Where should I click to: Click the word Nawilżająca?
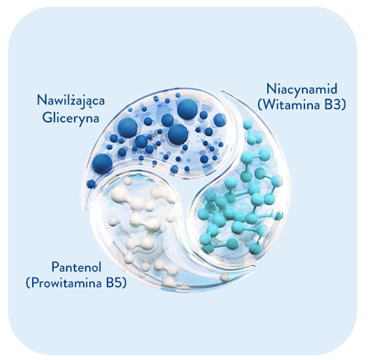(x=71, y=101)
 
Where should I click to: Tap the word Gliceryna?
(x=71, y=118)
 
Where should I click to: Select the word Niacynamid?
(x=302, y=89)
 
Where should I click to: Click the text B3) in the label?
(x=335, y=105)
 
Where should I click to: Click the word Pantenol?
(x=77, y=267)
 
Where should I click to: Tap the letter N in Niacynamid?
(x=271, y=89)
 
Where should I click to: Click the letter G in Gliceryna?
(x=47, y=117)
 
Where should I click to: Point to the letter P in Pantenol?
(x=55, y=267)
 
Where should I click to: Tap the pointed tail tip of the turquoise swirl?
(x=222, y=92)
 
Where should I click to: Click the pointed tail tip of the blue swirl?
(x=87, y=208)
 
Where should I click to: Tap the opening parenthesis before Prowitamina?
(x=28, y=283)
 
